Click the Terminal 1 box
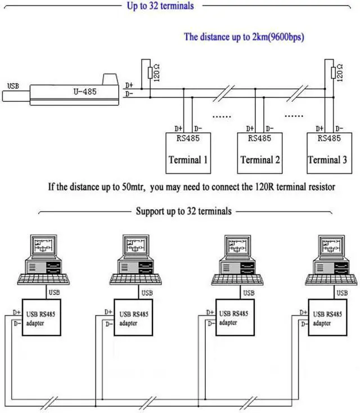coord(188,153)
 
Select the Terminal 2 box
coord(260,153)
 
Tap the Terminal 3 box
coord(329,153)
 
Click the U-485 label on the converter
coord(85,92)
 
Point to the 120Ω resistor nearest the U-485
coord(150,73)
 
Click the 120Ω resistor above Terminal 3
coord(334,73)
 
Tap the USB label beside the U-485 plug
coord(13,86)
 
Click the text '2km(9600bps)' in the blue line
coord(278,37)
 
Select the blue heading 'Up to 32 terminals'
coord(160,6)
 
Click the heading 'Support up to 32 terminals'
coord(183,211)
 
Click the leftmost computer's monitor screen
coord(44,245)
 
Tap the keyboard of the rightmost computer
coord(331,280)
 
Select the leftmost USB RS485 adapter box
coord(42,317)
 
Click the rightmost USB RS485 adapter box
coord(327,317)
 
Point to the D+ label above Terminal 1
coord(178,128)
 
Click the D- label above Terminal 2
coord(269,128)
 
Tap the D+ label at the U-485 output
coord(129,86)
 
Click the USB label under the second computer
coord(147,293)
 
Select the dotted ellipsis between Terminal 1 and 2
coord(222,116)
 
